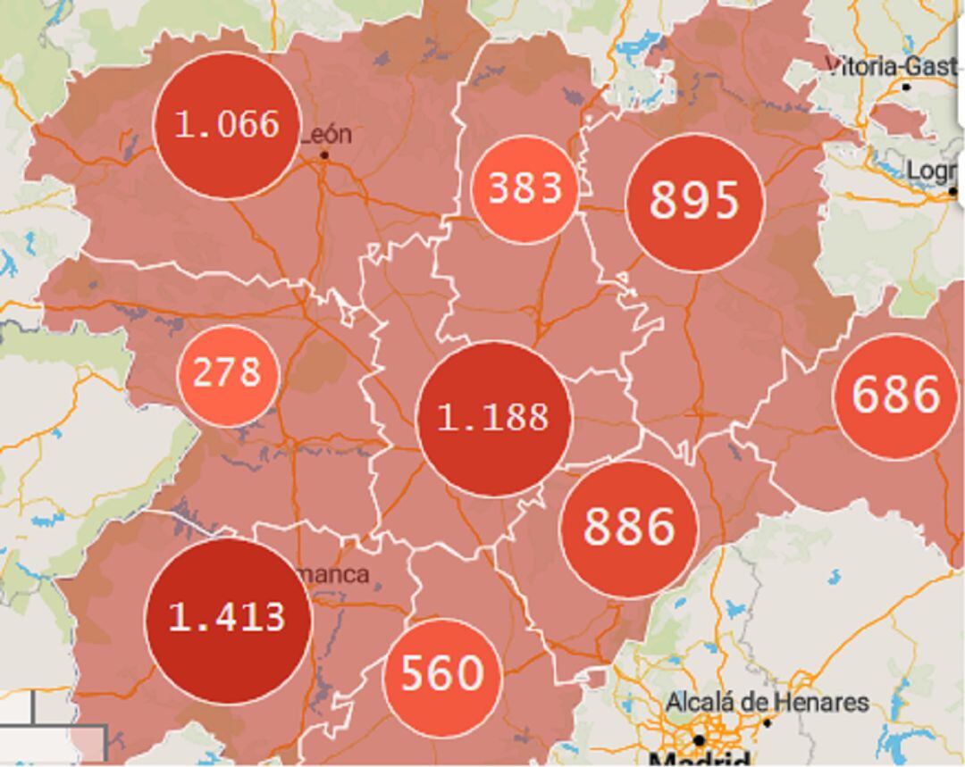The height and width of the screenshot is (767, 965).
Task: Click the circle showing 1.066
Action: click(x=226, y=125)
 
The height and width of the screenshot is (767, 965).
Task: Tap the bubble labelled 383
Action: click(x=524, y=188)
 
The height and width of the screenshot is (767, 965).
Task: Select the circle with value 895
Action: click(x=694, y=202)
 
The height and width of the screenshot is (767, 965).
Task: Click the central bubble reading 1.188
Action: click(x=494, y=418)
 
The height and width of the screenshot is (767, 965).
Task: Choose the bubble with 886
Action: click(x=629, y=528)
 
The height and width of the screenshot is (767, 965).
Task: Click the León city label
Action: click(x=326, y=135)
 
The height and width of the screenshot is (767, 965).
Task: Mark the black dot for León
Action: click(x=324, y=155)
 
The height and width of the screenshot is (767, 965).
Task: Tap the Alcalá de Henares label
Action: click(x=767, y=703)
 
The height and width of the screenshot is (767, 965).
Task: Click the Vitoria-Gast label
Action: click(x=894, y=67)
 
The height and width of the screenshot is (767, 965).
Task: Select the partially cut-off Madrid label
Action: click(x=699, y=760)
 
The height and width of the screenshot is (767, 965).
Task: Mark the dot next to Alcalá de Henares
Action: click(x=766, y=722)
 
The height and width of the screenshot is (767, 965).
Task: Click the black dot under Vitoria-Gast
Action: click(x=906, y=87)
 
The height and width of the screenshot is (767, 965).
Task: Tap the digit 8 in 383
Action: click(x=525, y=188)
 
